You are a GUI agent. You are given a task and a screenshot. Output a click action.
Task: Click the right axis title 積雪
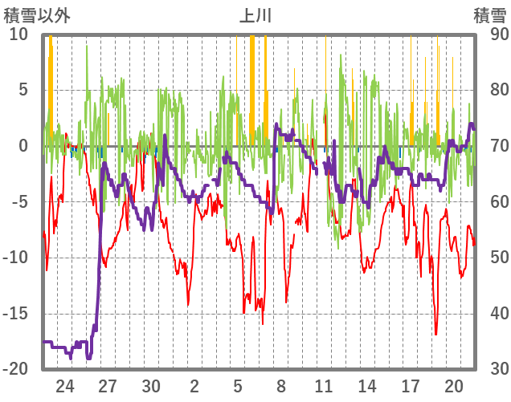pos(489,14)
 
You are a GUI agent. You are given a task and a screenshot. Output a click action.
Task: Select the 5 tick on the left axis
pos(24,90)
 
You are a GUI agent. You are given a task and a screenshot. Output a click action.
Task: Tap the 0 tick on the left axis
pos(24,146)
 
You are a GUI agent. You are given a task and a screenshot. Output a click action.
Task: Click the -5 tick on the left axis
pos(19,201)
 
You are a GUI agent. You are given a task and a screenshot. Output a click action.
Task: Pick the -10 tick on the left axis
pos(15,258)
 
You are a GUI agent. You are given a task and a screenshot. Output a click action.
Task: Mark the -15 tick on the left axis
pos(15,313)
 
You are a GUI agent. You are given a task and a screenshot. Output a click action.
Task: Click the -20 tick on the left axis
pos(15,369)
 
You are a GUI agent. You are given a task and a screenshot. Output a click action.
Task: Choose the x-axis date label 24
pos(65,384)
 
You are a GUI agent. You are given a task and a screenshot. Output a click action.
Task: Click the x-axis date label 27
pos(108,384)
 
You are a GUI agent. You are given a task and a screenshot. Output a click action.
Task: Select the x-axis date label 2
pos(194,384)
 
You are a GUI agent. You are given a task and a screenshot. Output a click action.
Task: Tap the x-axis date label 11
pos(324,384)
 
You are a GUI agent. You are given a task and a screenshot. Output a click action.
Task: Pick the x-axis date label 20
pos(453,384)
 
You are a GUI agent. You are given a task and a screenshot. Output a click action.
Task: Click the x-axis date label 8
pos(280,384)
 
